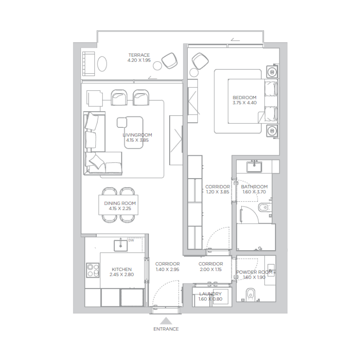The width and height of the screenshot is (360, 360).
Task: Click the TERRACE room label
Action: click(139, 55)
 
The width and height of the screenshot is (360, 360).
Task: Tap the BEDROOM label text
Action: click(244, 98)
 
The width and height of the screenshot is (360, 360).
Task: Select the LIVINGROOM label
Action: click(137, 135)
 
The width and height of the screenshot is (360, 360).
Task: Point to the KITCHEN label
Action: click(121, 269)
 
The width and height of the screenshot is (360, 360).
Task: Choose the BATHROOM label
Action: click(254, 187)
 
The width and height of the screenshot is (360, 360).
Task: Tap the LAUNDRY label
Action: click(211, 294)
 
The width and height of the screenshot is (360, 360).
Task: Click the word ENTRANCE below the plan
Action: click(166, 329)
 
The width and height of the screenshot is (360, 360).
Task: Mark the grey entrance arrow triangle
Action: click(166, 320)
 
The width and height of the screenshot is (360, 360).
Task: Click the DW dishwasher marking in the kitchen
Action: click(131, 240)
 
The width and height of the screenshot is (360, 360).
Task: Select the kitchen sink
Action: click(120, 245)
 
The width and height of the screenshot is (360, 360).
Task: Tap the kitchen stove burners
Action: click(93, 270)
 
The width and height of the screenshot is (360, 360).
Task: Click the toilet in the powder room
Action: click(251, 294)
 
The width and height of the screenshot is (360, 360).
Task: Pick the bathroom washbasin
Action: click(255, 165)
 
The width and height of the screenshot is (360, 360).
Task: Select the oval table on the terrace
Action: click(103, 63)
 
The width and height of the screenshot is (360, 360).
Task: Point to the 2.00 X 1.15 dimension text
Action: click(211, 270)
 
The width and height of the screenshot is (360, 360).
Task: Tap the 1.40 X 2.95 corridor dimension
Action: click(167, 270)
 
